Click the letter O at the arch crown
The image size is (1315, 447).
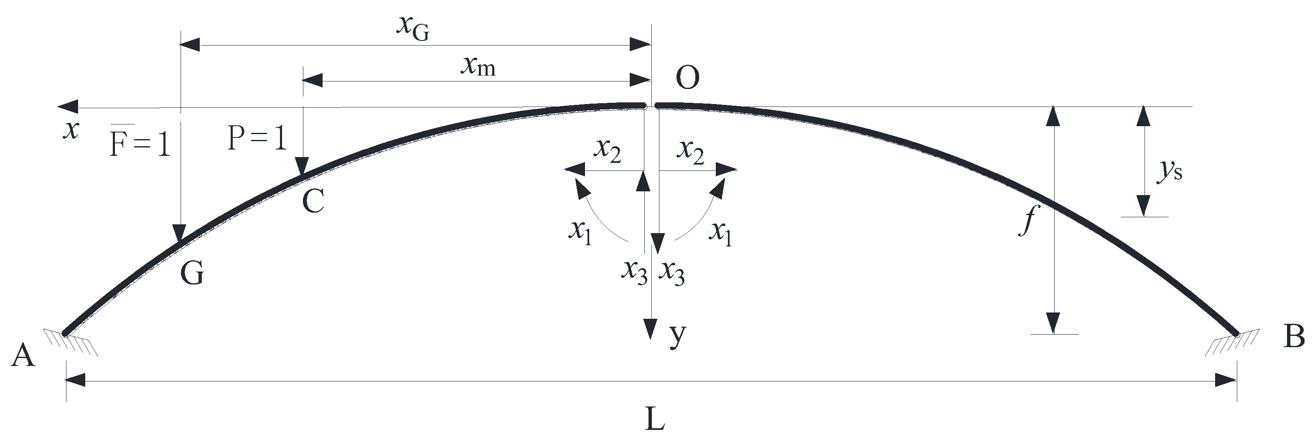[687, 79]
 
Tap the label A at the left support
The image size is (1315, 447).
[23, 356]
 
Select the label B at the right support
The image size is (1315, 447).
[1294, 337]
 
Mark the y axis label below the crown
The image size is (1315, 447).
[677, 336]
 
